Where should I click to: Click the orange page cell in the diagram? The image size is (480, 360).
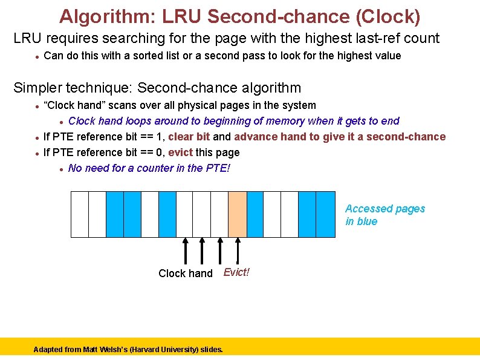[x=238, y=214]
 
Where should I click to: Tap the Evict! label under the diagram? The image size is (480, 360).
[x=236, y=272]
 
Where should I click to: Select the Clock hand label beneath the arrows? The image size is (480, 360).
[x=186, y=273]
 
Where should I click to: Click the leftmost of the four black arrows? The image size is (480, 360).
[x=185, y=250]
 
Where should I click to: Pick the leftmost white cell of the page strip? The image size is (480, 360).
[x=80, y=214]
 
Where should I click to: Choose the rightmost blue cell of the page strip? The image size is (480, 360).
[x=325, y=214]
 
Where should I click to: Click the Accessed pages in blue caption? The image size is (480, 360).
[x=385, y=215]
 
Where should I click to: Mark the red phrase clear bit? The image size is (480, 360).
[x=189, y=137]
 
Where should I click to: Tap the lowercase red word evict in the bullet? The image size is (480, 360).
[x=180, y=152]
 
